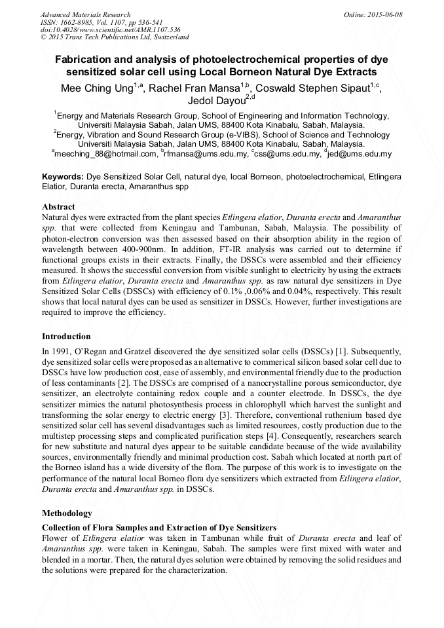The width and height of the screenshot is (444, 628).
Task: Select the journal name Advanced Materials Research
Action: point(85,14)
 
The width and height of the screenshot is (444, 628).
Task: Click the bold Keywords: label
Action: point(63,177)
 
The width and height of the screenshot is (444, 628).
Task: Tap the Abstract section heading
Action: point(58,207)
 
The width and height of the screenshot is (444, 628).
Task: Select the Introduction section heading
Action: point(66,337)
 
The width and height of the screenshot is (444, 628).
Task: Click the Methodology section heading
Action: point(67,513)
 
